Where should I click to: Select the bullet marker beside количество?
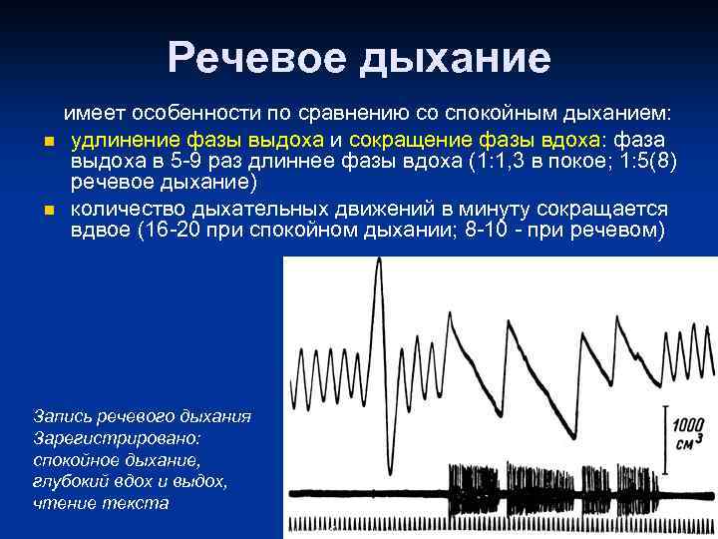pyautogui.click(x=47, y=211)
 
